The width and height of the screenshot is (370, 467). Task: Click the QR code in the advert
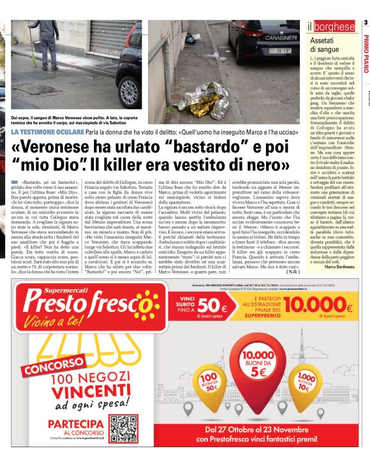[122, 429]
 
